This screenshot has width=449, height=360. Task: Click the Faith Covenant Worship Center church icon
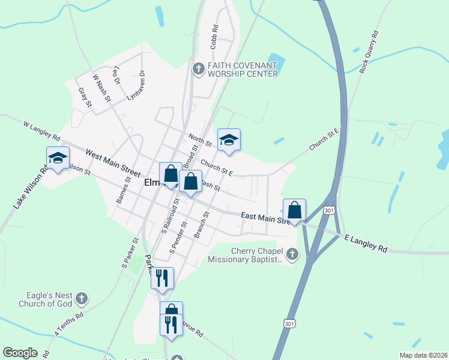198,70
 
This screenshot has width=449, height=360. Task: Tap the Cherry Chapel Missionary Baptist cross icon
292,255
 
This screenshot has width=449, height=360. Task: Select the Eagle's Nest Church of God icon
82,298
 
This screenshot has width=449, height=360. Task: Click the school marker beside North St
229,140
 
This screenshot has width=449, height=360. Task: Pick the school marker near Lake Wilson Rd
58,158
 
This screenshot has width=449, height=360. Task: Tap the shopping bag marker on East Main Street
294,211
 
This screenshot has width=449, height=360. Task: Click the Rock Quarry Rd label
370,52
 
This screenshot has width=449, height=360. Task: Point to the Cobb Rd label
214,36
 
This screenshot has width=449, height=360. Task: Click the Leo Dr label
116,73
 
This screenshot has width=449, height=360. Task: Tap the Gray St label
85,98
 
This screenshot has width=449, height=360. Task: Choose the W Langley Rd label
42,131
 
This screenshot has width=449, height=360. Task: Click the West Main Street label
109,162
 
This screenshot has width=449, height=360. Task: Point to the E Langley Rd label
366,243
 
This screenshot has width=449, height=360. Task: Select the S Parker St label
130,251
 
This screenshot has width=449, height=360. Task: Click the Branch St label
202,224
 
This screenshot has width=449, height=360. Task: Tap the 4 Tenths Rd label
69,322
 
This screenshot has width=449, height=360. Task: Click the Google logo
20,353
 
